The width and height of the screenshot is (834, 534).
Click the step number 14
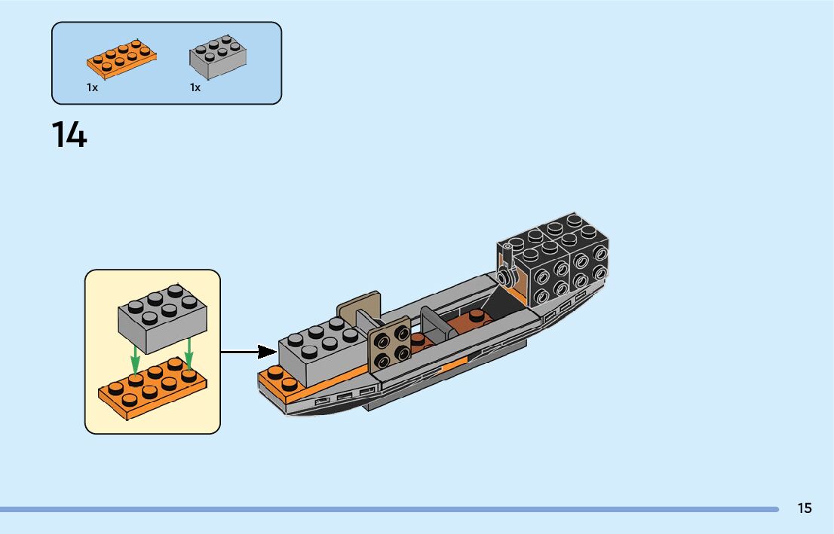point(69,136)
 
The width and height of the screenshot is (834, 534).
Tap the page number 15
point(805,508)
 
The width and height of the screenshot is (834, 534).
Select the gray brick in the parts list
point(218,56)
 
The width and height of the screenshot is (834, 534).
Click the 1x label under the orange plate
point(92,88)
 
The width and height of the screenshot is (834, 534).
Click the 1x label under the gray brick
point(195,88)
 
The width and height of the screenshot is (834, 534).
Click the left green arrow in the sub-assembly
point(135,358)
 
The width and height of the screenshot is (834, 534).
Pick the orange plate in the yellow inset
point(152,389)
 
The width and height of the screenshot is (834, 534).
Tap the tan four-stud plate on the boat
point(390,346)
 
